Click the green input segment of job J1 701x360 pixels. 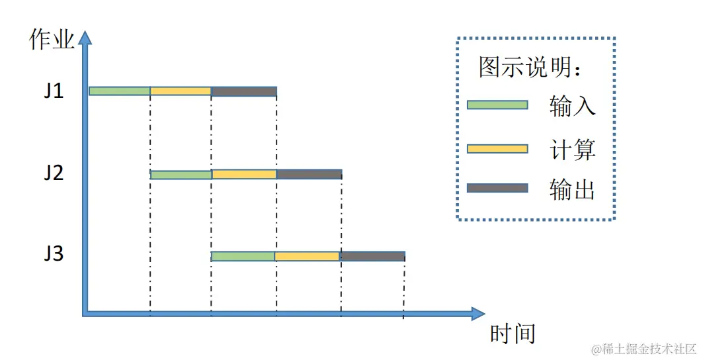pos(120,91)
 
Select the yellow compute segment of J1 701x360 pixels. pos(181,91)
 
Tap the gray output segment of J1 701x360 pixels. pos(243,91)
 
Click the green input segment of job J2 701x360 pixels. pos(181,175)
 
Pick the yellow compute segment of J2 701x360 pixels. pos(244,175)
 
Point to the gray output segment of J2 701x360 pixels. pos(309,175)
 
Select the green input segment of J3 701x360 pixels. pos(243,256)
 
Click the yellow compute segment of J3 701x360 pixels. pos(307,256)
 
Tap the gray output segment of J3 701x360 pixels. pos(372,256)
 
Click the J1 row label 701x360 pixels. pos(54,91)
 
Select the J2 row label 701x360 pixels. pos(54,173)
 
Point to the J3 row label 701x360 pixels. pos(54,253)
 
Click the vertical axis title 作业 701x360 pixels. pos(52,40)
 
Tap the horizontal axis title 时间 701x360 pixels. pos(513,334)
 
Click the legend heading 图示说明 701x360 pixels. pos(530,67)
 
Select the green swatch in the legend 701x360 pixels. pos(497,105)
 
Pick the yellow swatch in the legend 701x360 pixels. pos(497,148)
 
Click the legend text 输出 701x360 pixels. pos(572,189)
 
